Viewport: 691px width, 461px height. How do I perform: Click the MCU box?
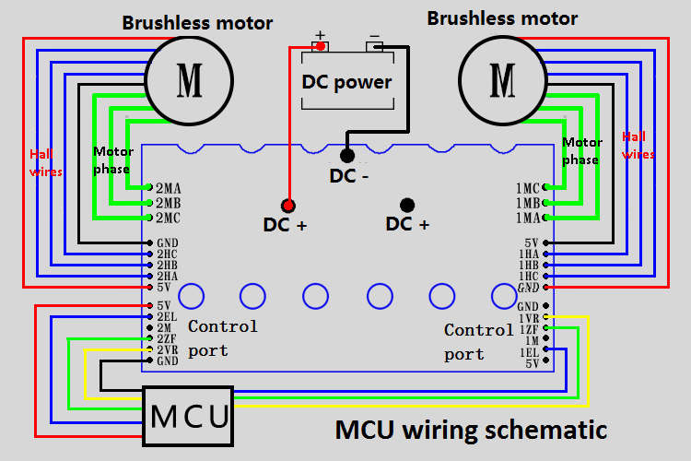point(189,417)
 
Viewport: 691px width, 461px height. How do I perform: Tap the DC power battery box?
point(346,81)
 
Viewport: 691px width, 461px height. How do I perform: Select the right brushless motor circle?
point(503,80)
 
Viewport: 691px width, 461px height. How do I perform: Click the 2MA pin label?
point(169,188)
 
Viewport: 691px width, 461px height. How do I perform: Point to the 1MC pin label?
point(528,188)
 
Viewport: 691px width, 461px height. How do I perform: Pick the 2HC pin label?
point(167,254)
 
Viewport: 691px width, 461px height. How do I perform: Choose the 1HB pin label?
point(529,265)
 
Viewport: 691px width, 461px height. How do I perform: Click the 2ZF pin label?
point(167,339)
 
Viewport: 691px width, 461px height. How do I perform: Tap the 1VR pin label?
point(529,318)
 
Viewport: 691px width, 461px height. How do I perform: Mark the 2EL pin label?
point(167,316)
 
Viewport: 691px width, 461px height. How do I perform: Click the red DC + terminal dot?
point(287,205)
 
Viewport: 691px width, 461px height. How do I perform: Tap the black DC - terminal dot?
point(347,156)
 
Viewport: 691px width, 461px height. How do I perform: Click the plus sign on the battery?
point(321,36)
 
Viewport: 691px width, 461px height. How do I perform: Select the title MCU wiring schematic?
point(471,430)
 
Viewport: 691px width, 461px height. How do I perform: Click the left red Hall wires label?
point(44,162)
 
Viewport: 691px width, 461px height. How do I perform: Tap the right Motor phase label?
point(581,150)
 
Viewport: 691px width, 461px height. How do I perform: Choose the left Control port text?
point(222,338)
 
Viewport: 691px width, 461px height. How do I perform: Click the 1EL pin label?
point(529,352)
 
